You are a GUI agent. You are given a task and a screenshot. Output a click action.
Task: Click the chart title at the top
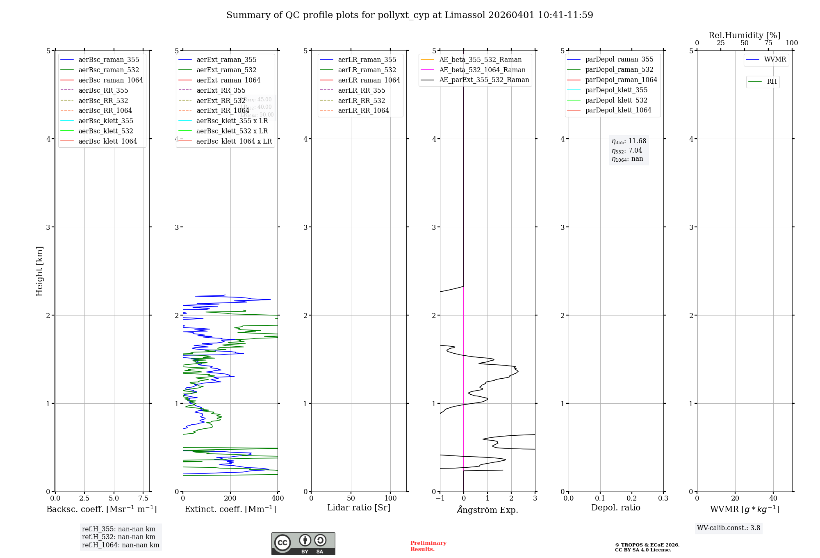tap(410, 15)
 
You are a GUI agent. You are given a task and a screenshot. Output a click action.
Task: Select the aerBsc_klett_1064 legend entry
tap(107, 141)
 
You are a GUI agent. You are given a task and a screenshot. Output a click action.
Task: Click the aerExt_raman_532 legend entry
tap(226, 70)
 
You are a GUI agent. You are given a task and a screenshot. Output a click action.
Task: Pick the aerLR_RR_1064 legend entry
tap(363, 110)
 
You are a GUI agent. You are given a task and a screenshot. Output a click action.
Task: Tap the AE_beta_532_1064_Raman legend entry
tap(482, 70)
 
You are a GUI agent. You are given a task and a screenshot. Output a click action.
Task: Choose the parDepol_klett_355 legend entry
tap(616, 90)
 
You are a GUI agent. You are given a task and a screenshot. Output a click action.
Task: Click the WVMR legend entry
tap(775, 59)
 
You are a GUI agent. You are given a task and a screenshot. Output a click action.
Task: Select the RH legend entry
tap(772, 82)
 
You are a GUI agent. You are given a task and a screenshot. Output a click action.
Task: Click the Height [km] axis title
tap(39, 271)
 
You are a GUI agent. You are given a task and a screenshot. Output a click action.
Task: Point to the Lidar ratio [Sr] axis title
tap(359, 508)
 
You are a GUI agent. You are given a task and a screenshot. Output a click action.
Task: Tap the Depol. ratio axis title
tap(615, 508)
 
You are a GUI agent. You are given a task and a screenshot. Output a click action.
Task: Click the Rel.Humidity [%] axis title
tap(744, 35)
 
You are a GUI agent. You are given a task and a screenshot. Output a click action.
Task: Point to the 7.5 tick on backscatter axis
tap(143, 498)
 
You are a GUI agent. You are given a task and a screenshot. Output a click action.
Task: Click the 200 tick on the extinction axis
tap(230, 498)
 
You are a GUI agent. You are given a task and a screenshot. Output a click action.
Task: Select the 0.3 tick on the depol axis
tap(663, 498)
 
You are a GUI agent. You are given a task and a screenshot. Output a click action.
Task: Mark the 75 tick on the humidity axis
tap(768, 43)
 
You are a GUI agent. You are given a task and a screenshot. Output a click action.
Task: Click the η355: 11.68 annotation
tap(629, 141)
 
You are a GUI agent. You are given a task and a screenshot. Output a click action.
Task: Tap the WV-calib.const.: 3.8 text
tap(728, 528)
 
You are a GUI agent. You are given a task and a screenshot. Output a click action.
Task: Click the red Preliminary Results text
tap(428, 546)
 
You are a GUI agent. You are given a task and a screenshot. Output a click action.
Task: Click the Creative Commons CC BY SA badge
tap(303, 543)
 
